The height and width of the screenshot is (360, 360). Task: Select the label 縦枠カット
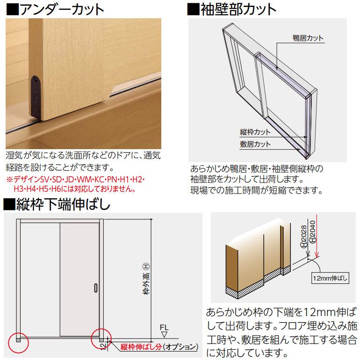point(254,132)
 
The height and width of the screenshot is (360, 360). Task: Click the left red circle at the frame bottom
point(18,343)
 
